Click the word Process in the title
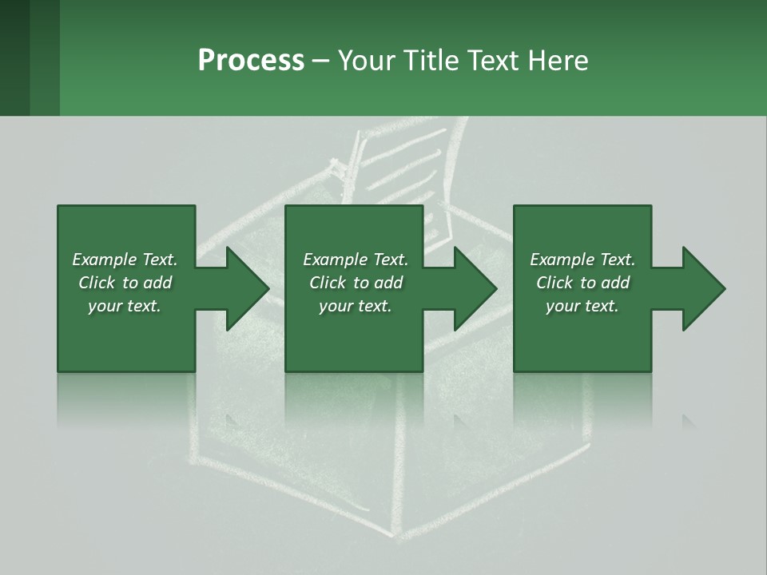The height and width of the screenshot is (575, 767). [x=251, y=61]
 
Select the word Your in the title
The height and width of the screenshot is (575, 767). [x=366, y=61]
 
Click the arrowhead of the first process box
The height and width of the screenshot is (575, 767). [x=246, y=288]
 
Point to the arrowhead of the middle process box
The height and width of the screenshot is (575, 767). [x=475, y=288]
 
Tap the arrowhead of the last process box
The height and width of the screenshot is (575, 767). [x=703, y=288]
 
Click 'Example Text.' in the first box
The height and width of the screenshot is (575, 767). [x=125, y=260]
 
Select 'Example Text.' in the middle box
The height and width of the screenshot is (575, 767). [x=356, y=260]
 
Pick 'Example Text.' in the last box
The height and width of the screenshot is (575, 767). [x=582, y=260]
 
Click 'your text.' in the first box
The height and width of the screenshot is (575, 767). [x=125, y=306]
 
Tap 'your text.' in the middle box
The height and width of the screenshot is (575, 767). [x=356, y=306]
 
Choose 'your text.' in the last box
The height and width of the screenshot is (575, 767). [x=582, y=306]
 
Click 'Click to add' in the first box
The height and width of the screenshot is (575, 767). [x=125, y=283]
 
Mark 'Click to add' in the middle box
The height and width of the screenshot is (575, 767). [x=356, y=283]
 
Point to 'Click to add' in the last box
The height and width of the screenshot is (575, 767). [x=582, y=283]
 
